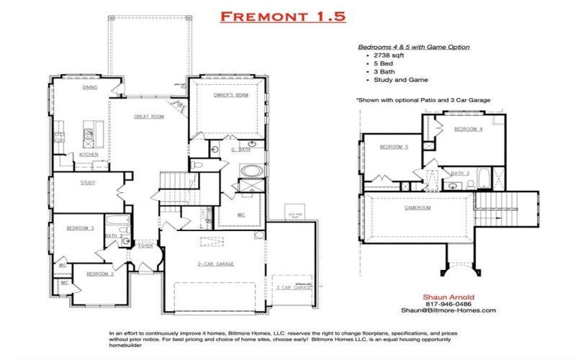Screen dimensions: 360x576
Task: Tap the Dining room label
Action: point(90,87)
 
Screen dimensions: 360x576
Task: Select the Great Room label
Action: point(149,116)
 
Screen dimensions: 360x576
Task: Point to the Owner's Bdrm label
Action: point(230,96)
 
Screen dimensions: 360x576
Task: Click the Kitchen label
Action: point(89,155)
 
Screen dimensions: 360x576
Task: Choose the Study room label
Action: point(88,183)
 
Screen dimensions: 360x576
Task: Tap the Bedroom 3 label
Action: point(80,228)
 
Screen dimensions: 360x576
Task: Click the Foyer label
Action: point(145,246)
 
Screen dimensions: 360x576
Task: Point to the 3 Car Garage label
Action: point(292,287)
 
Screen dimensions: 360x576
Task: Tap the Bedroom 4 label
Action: point(468,129)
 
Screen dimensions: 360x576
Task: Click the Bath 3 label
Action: point(460,174)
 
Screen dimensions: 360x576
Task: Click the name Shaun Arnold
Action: point(448,296)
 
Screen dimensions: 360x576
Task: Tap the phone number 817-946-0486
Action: point(448,303)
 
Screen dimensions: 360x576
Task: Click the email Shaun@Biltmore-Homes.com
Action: point(448,310)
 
